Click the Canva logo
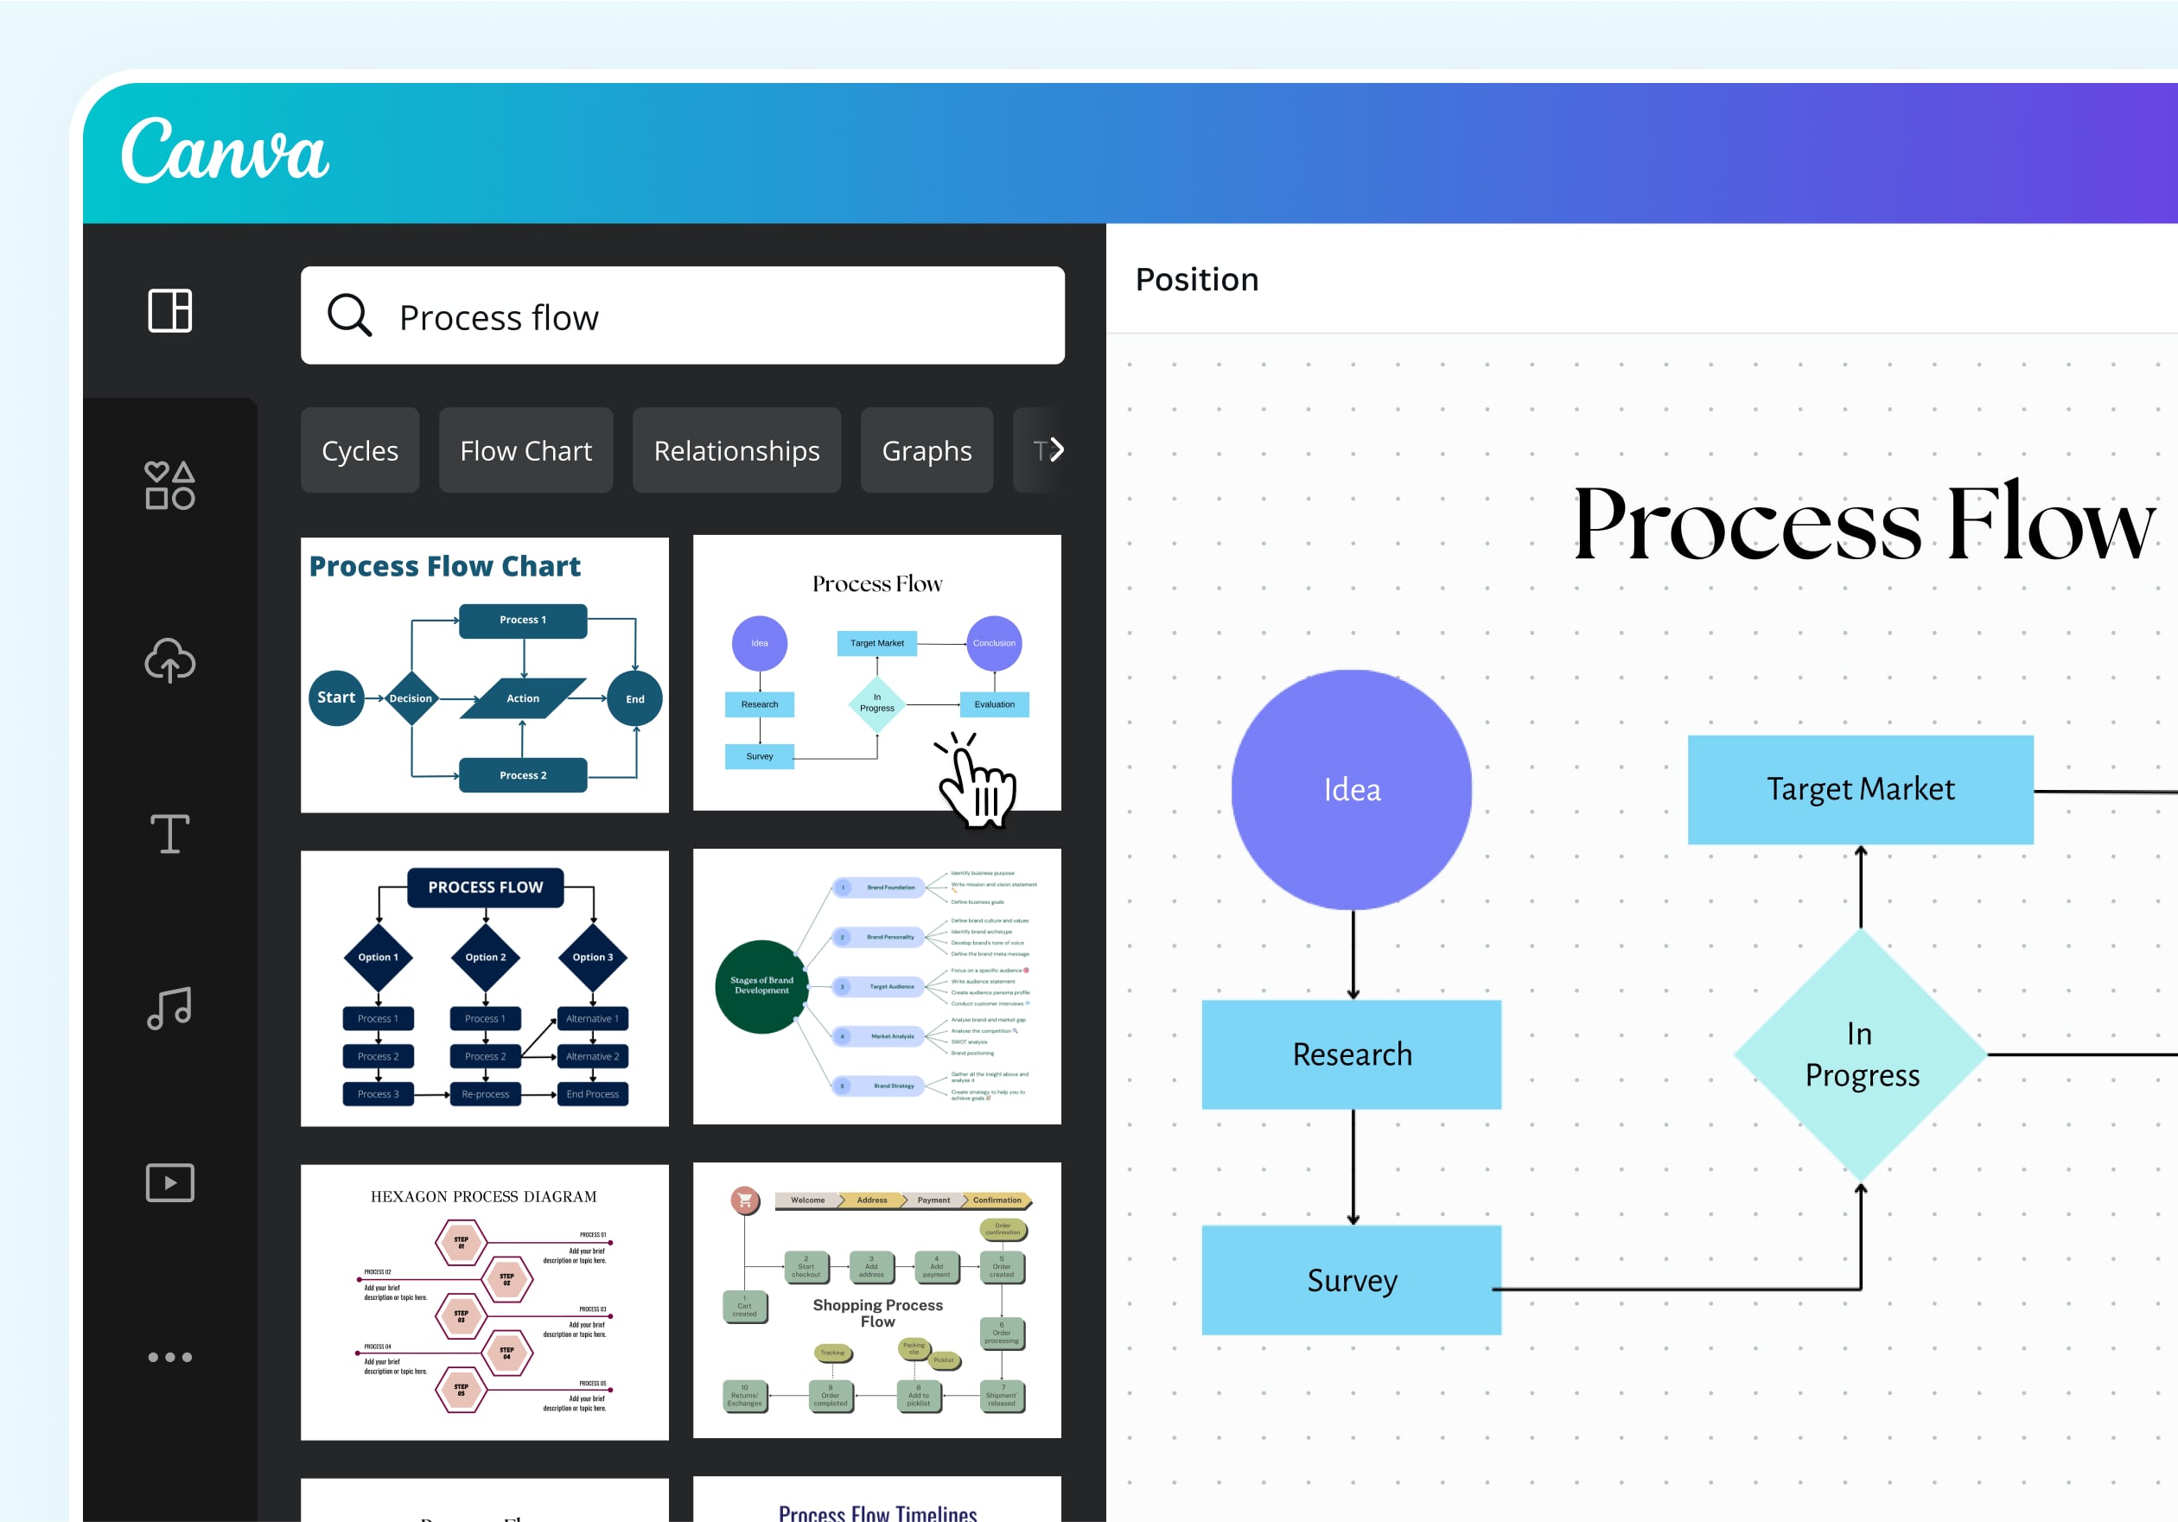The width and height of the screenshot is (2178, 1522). pos(225,151)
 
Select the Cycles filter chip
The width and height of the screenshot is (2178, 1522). pos(360,450)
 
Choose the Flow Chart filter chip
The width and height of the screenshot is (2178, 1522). pos(525,450)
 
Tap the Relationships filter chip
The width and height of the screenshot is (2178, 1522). pos(736,450)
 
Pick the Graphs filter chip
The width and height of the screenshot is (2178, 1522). pos(926,450)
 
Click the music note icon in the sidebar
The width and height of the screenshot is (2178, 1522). pos(169,1008)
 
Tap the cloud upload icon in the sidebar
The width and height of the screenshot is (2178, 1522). pos(169,660)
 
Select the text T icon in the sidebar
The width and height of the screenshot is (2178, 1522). pos(169,834)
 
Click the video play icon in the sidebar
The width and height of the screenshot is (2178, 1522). pos(169,1182)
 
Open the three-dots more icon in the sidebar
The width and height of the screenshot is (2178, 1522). pos(169,1357)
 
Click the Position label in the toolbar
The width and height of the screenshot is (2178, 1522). pos(1196,280)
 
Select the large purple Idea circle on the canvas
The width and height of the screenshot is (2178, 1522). pos(1351,789)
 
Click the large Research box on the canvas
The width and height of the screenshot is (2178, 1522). pos(1351,1054)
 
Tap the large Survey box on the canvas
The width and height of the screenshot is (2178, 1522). pos(1351,1280)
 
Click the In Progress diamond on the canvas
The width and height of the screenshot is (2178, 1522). pos(1860,1054)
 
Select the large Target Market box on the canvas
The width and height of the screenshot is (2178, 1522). pos(1859,789)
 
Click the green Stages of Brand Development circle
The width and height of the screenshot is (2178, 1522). pos(761,986)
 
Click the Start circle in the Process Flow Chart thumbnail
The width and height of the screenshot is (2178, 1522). pos(336,697)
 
